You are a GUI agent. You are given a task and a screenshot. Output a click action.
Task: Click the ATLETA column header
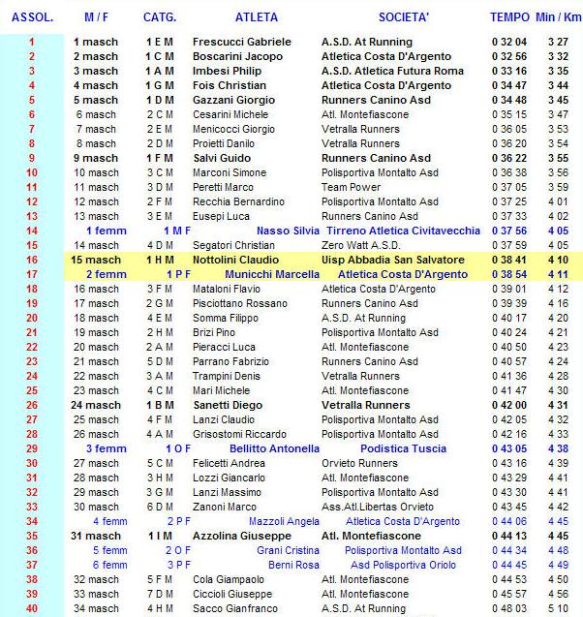click(256, 17)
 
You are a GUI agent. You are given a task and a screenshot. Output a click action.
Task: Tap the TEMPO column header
click(509, 17)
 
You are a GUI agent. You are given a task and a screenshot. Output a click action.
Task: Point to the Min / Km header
click(558, 17)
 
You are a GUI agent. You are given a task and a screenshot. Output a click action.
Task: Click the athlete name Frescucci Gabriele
click(242, 43)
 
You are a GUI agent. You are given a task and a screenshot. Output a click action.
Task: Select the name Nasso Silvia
click(286, 231)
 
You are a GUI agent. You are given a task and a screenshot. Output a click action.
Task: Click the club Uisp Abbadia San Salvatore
click(392, 261)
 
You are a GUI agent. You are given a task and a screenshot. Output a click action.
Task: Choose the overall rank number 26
click(31, 406)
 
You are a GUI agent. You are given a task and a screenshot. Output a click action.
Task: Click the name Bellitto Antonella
click(274, 449)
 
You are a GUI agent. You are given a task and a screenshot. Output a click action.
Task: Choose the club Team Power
click(352, 188)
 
